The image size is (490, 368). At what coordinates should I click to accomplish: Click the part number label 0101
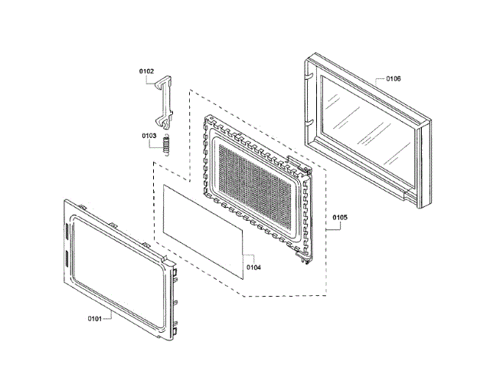tap(94, 319)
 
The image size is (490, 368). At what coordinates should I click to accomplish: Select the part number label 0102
tap(146, 71)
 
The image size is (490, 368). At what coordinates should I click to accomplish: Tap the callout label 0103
tap(149, 136)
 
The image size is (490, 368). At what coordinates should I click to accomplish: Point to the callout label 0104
tap(253, 268)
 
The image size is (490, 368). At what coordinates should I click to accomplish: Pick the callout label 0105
tap(340, 217)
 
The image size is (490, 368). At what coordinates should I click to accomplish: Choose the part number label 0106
tap(394, 78)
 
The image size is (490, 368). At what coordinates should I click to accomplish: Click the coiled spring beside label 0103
tap(167, 145)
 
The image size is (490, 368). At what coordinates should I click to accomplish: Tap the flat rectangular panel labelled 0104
tap(203, 232)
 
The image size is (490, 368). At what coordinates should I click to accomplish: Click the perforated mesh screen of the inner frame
tap(255, 187)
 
